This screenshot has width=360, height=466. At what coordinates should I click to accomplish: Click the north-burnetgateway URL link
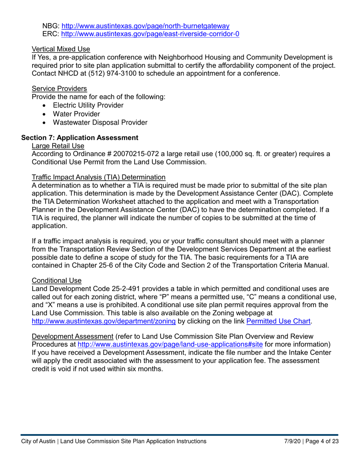(x=145, y=26)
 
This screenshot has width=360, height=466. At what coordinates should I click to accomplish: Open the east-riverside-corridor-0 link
(x=150, y=34)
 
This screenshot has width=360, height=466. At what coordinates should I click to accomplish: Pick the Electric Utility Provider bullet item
(x=88, y=105)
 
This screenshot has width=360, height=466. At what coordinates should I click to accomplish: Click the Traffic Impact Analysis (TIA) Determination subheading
(x=99, y=177)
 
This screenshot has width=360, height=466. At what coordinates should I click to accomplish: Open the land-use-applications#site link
(x=170, y=345)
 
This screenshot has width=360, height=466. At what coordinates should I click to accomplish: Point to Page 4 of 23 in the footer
(x=322, y=441)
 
